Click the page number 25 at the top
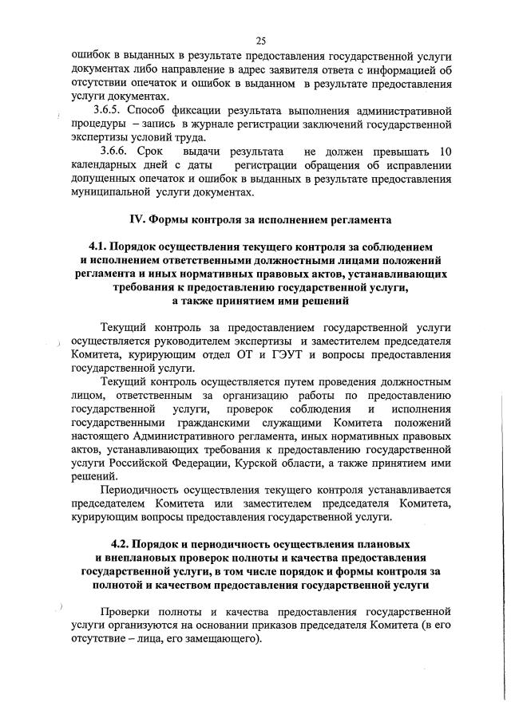coord(260,41)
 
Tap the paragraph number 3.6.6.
coord(115,151)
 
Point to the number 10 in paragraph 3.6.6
coord(446,151)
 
